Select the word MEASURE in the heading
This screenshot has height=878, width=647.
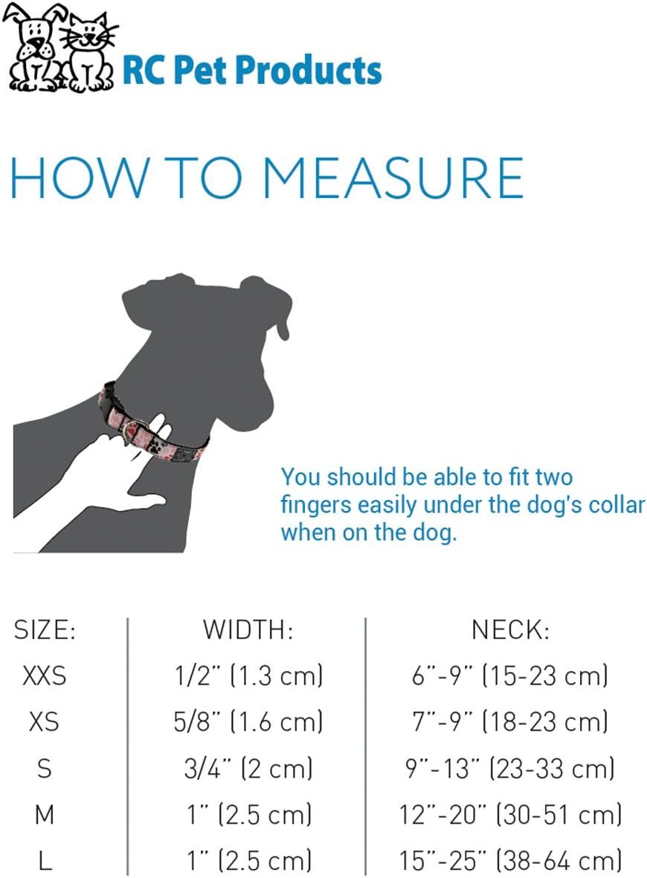click(393, 178)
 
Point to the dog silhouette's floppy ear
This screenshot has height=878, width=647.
click(268, 305)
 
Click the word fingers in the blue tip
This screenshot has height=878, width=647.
click(317, 504)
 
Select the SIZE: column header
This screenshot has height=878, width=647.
click(45, 630)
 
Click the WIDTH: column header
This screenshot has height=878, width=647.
click(248, 630)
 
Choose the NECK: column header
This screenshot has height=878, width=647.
click(510, 630)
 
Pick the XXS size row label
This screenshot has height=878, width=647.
click(44, 676)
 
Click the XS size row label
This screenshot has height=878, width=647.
click(44, 721)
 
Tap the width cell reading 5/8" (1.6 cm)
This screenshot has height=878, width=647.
click(248, 721)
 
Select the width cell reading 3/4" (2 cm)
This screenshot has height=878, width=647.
click(248, 768)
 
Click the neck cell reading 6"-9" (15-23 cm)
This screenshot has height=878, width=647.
click(510, 676)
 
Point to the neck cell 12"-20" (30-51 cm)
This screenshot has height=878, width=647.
click(510, 814)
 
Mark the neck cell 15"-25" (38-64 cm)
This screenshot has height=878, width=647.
click(510, 860)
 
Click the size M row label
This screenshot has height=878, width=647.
click(45, 814)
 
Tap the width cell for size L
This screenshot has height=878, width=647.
click(248, 860)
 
